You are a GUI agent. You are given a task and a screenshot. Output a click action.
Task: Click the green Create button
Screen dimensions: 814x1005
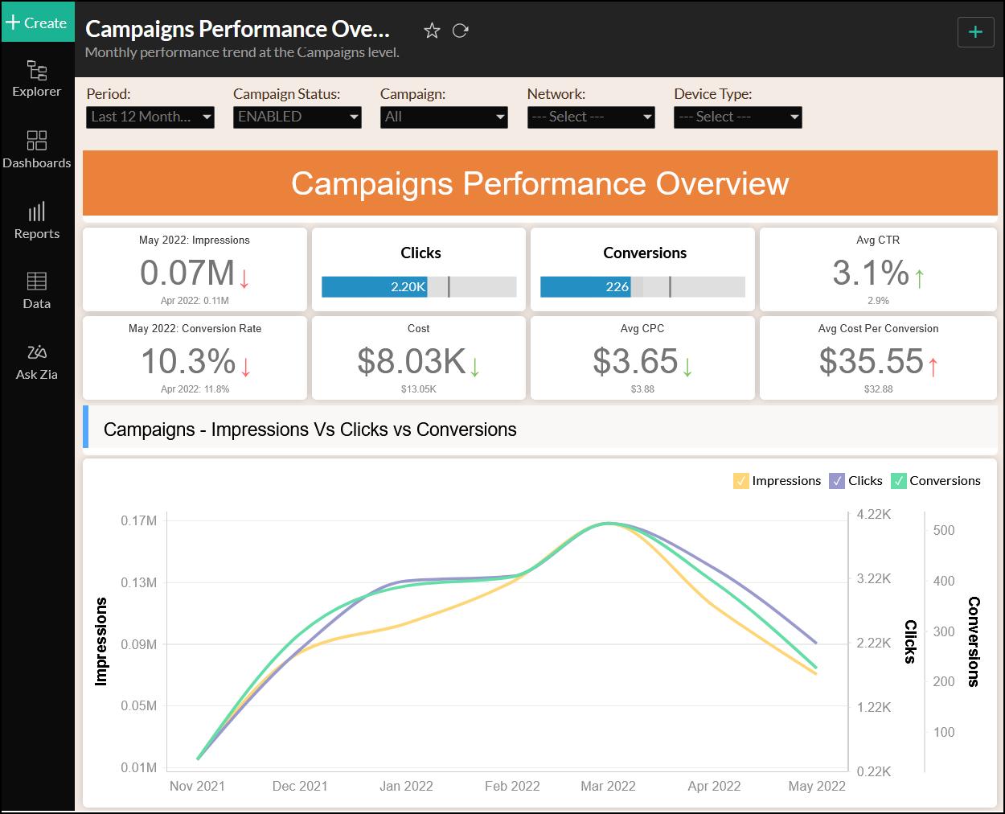point(38,23)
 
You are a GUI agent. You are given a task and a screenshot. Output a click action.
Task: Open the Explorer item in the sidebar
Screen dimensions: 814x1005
point(37,79)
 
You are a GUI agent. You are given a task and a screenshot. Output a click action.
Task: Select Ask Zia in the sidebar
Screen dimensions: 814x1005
point(37,362)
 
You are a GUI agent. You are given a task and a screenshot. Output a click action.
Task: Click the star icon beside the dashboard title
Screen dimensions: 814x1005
point(432,31)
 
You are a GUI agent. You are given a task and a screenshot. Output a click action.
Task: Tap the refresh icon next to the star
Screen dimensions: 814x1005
point(461,31)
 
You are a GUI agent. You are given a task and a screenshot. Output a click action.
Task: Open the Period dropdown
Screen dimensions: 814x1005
point(150,117)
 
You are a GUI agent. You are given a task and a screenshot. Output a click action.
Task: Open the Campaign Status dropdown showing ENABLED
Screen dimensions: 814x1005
point(297,117)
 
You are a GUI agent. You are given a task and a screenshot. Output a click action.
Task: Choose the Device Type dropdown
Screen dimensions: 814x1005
point(737,117)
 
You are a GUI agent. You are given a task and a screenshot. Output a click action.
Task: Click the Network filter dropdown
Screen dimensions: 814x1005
point(591,117)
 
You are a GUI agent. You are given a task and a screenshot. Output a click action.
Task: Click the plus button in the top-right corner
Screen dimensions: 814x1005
point(975,32)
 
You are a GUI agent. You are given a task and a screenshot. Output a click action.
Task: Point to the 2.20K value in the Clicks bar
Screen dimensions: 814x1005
point(408,287)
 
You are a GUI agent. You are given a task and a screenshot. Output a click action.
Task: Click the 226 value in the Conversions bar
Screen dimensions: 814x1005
point(617,287)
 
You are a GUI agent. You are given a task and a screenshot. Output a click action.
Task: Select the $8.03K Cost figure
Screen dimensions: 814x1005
point(412,362)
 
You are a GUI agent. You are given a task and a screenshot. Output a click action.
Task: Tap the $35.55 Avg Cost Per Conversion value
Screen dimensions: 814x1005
point(872,362)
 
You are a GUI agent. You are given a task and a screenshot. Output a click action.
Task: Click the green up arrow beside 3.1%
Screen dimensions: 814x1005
point(920,278)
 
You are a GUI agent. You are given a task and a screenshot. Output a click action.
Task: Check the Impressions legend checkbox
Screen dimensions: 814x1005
point(741,481)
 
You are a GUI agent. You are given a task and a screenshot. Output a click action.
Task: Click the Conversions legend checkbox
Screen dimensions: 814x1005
point(899,481)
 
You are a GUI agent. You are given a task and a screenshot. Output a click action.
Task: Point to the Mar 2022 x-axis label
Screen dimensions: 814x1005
point(608,786)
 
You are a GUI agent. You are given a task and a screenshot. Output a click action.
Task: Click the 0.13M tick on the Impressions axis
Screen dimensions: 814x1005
point(139,582)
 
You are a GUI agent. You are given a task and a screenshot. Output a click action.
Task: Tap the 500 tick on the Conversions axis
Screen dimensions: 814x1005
point(944,530)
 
